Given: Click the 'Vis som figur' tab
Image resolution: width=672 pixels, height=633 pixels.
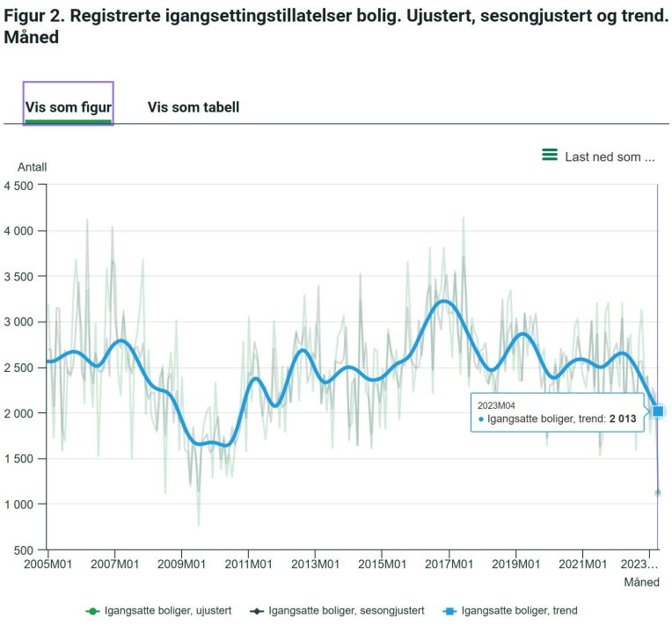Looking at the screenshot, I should pos(68,106).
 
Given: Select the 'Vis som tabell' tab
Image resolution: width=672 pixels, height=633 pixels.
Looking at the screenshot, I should pos(194,106).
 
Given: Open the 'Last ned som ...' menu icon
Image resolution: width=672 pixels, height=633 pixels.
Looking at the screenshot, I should pos(550,156).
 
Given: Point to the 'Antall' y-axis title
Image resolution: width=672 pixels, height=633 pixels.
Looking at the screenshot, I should pos(33,167).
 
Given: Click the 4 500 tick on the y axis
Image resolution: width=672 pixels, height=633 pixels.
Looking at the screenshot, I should pos(18,186).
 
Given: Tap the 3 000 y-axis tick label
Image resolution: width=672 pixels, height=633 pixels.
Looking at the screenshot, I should pos(18,322).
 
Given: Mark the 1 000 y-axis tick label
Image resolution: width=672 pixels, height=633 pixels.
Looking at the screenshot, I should pos(18,505).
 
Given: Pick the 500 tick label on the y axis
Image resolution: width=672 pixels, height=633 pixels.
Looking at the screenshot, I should pos(24,550).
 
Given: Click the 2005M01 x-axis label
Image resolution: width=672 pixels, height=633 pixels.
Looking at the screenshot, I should pos(48,564).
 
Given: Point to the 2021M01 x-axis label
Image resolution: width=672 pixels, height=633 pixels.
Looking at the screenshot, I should pos(582,564).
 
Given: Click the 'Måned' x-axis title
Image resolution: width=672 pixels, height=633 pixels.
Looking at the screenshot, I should pos(641,582).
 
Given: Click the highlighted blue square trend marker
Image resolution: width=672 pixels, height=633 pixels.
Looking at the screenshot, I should pos(658,411).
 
